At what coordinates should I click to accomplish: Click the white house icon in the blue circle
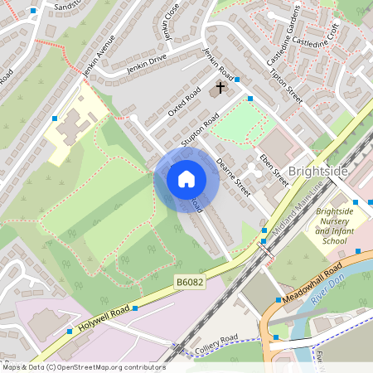(186, 178)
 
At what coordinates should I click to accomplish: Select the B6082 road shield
(190, 283)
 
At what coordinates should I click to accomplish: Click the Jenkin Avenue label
(99, 59)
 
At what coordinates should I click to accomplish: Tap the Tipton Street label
(287, 85)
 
